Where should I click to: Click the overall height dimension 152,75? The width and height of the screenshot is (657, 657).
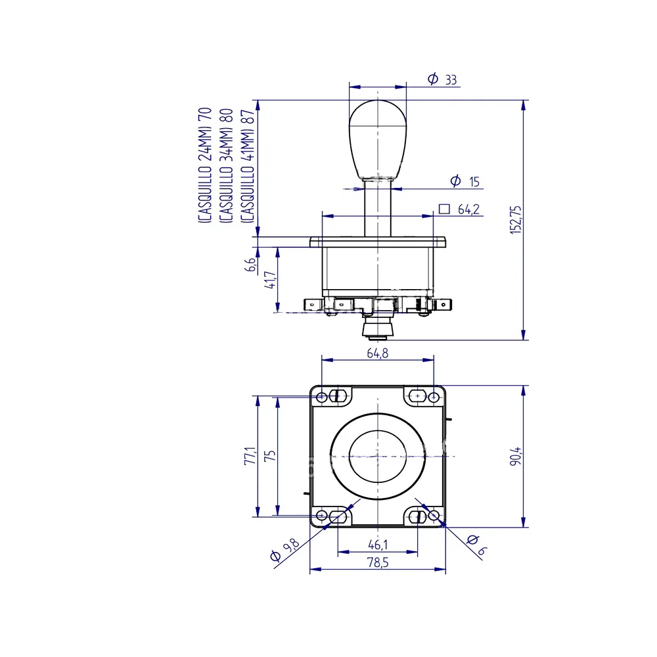(x=515, y=219)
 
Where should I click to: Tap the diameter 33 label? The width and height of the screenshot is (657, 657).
(x=442, y=79)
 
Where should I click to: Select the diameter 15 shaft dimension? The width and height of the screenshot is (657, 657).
(x=465, y=181)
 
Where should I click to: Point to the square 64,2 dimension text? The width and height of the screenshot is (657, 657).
(x=459, y=209)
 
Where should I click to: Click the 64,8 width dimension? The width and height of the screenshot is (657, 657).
(x=378, y=353)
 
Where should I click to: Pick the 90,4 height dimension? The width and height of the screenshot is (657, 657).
(x=516, y=457)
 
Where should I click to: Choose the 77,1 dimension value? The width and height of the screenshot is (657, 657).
(x=250, y=455)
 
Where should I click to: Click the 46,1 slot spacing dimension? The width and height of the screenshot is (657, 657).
(x=378, y=545)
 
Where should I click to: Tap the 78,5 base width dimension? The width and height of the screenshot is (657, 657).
(x=378, y=562)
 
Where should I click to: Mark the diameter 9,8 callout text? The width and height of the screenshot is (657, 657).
(x=285, y=550)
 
